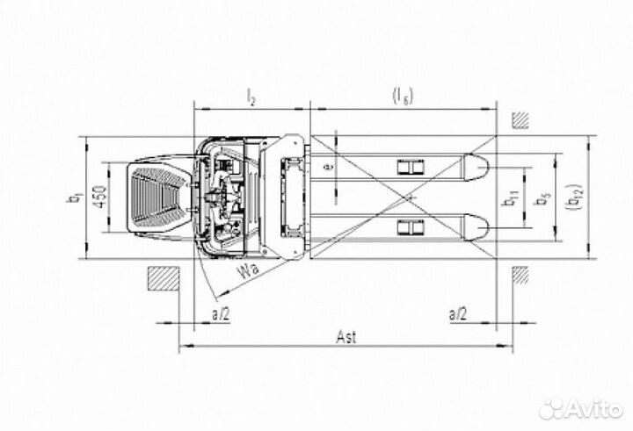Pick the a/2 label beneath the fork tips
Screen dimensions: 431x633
[459, 312]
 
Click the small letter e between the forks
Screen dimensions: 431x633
[325, 168]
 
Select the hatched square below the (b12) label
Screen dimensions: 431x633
[520, 277]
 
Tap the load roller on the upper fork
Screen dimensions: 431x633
[409, 168]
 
